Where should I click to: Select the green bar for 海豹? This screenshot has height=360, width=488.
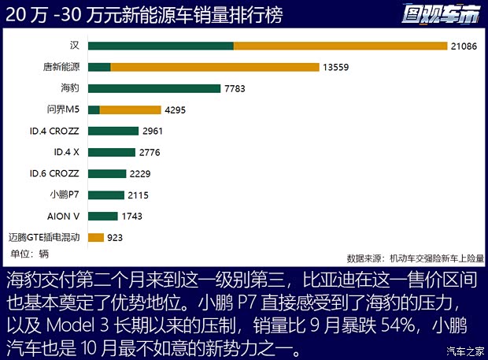point(154,88)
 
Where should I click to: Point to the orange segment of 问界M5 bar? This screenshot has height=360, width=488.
point(131,109)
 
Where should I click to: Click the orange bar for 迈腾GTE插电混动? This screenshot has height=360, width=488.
point(96,236)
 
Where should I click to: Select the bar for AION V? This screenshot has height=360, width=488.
point(103,215)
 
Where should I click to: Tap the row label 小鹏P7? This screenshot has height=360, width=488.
point(64,194)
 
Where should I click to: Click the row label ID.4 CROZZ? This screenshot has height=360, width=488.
point(54,131)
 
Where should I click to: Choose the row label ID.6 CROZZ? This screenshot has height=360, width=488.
point(54,173)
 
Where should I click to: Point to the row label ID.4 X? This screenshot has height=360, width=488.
point(66,152)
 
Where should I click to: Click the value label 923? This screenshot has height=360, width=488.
point(115,236)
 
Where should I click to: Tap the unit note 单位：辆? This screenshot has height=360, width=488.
point(30,254)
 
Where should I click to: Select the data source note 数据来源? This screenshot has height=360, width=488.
point(415,258)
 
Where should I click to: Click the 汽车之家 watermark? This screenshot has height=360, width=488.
point(464,351)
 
